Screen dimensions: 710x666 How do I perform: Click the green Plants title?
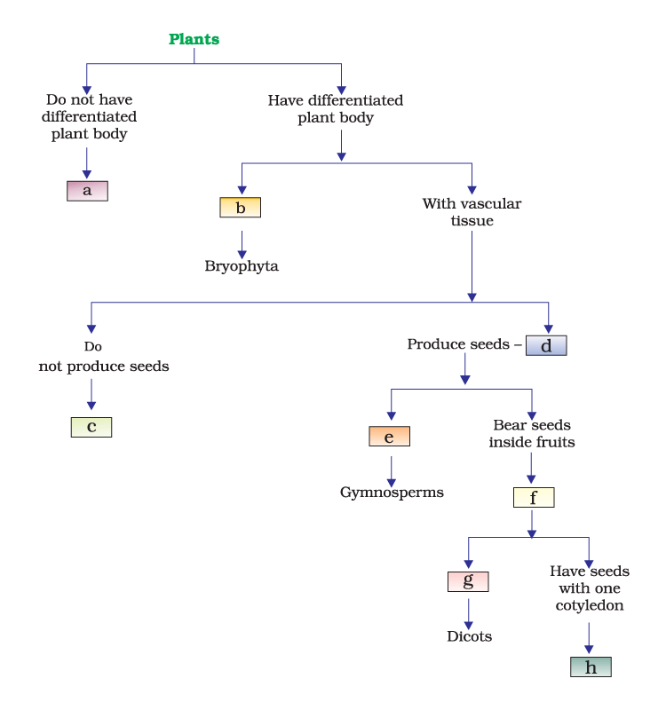click(x=194, y=39)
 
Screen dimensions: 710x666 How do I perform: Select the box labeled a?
click(x=87, y=191)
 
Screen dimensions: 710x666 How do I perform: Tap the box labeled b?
click(x=240, y=208)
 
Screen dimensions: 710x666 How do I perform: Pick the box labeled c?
click(x=91, y=427)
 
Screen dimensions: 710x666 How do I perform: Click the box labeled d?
click(x=545, y=345)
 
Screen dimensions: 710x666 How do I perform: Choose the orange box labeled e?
click(x=390, y=437)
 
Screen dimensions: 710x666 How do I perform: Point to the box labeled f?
click(x=533, y=498)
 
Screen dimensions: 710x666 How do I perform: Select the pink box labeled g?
click(x=468, y=582)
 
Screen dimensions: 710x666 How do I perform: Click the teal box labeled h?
click(x=591, y=667)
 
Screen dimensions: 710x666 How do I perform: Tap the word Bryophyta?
click(x=242, y=266)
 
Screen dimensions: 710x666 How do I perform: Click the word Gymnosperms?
click(x=392, y=492)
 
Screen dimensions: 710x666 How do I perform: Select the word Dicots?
click(x=469, y=636)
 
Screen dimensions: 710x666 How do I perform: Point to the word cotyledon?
click(x=590, y=605)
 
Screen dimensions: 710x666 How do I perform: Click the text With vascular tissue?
click(x=472, y=212)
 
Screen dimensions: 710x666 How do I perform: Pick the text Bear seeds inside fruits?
click(x=532, y=433)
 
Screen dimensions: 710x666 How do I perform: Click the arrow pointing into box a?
click(x=87, y=162)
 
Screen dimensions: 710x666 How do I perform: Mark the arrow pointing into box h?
click(x=589, y=638)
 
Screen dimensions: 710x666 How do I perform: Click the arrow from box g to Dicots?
click(x=469, y=611)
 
